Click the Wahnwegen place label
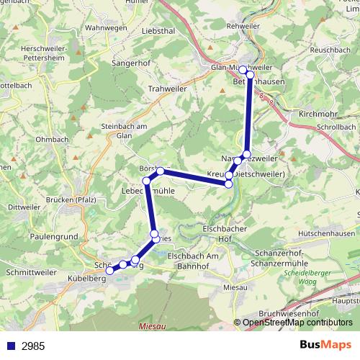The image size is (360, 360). click(107, 27)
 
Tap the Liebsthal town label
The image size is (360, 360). click(159, 32)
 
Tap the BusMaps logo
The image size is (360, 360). click(325, 345)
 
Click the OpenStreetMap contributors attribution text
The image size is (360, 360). click(297, 323)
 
